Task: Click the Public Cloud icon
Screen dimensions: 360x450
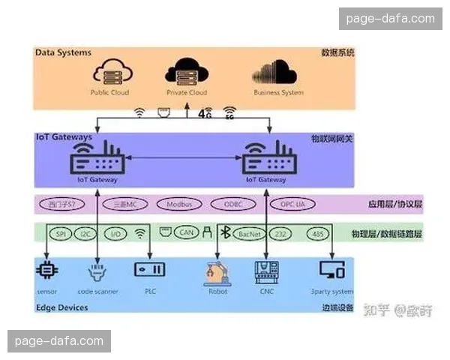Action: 109,73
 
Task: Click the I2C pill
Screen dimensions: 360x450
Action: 86,234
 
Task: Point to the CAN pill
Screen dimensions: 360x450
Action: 188,233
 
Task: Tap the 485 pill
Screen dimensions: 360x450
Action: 316,234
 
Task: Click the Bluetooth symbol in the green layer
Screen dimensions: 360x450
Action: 223,233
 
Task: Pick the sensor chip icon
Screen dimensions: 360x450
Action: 46,269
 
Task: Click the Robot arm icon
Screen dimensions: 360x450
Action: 217,272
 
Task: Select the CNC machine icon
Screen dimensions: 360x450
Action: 267,271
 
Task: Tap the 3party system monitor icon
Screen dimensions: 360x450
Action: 330,270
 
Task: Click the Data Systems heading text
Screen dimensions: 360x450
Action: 63,53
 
